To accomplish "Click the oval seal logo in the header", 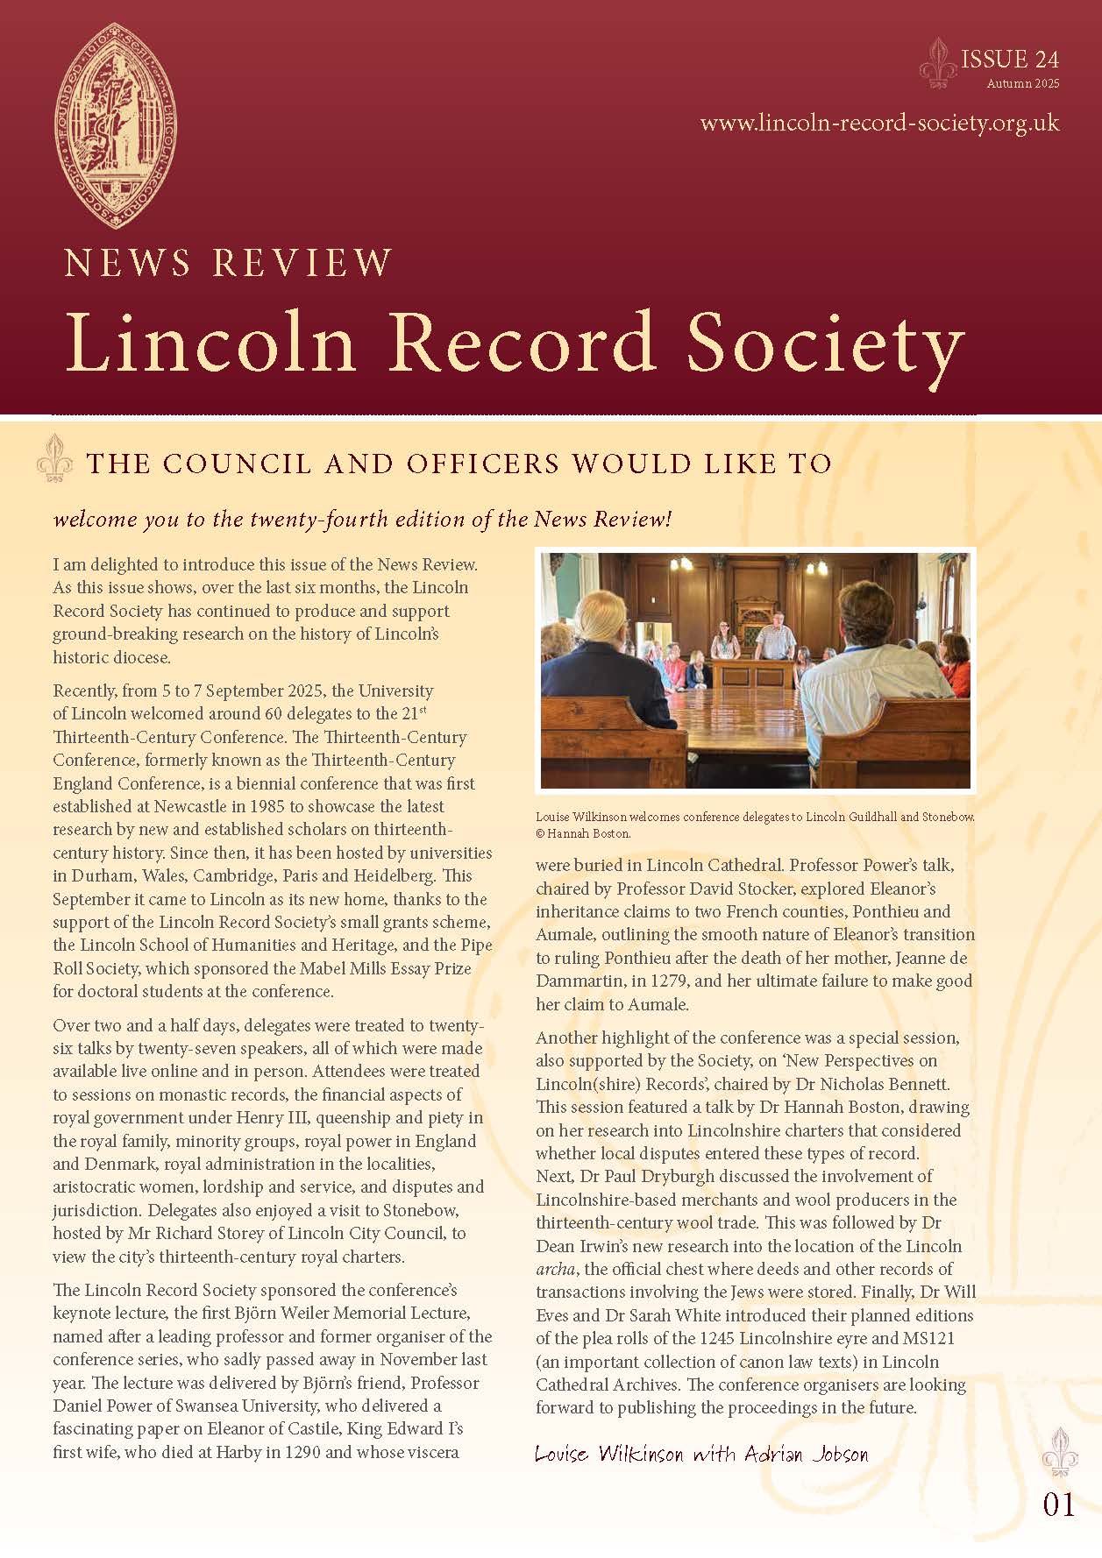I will tap(116, 125).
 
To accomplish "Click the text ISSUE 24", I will tap(1010, 60).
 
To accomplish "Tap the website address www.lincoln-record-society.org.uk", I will tap(879, 123).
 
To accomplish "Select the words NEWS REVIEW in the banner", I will tap(229, 263).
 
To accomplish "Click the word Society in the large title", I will tap(824, 342).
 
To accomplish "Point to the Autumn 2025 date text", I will tap(1022, 84).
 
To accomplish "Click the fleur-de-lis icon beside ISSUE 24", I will tap(938, 63).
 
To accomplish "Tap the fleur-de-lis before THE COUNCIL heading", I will tap(55, 458).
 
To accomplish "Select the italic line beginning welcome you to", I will tap(362, 519).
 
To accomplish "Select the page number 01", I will tap(1058, 1505).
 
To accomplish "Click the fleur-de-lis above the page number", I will tap(1058, 1452).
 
